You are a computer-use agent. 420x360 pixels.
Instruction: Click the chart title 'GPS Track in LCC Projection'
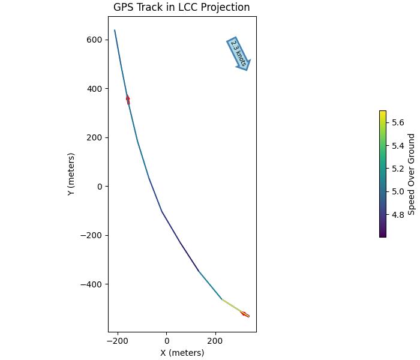coord(181,7)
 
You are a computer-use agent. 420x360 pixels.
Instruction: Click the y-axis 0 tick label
coord(100,187)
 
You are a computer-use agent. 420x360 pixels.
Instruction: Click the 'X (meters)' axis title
coord(182,353)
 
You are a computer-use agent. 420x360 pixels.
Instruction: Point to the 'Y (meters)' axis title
coord(71,174)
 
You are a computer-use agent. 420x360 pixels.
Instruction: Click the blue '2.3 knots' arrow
coord(238,54)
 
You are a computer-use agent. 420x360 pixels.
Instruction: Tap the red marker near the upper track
coord(128,99)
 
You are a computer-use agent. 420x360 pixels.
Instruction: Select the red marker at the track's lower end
coord(245,314)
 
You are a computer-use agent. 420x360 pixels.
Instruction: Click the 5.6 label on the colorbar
coord(398,122)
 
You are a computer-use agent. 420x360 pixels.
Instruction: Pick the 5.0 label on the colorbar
coord(398,191)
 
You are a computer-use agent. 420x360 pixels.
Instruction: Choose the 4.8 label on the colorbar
coord(398,215)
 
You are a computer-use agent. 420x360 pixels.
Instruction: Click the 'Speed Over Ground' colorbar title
coord(412,174)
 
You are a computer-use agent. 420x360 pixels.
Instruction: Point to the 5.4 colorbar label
coord(398,146)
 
